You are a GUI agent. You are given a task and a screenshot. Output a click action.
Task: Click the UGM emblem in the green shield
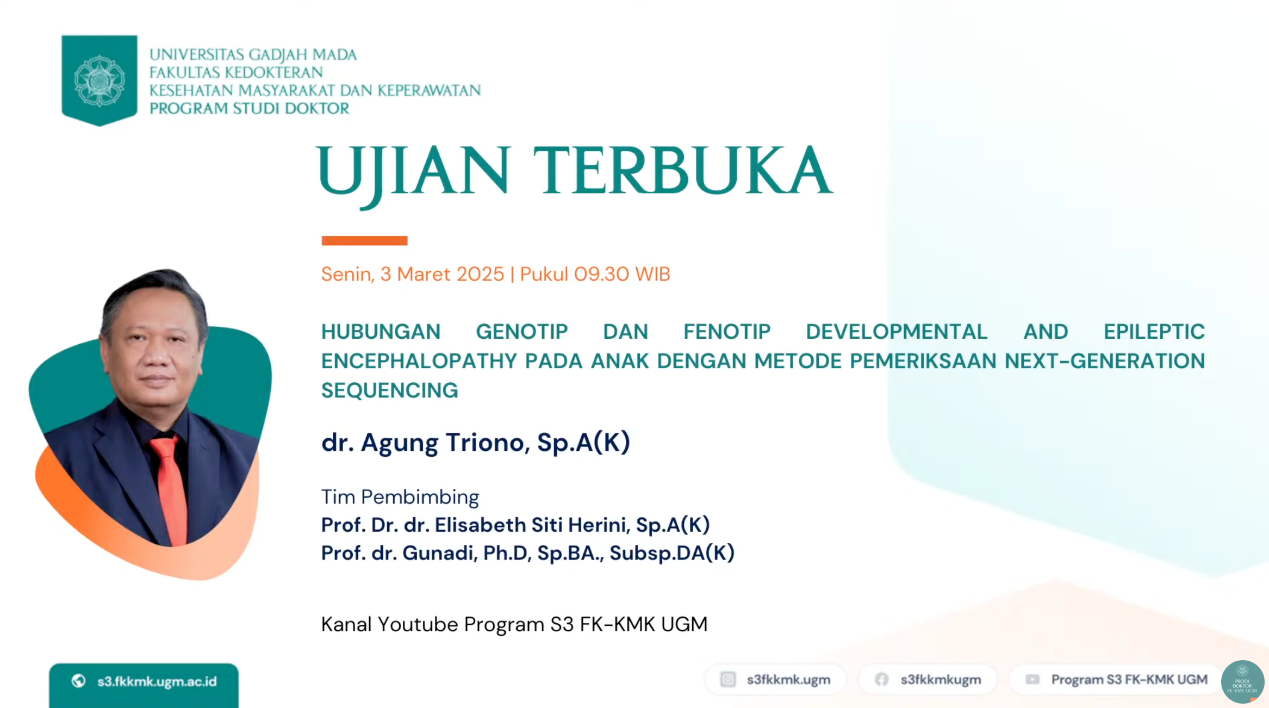pos(99,80)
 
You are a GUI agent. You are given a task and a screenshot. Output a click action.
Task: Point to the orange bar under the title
pos(364,240)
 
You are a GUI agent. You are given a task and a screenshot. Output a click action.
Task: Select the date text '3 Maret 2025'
pos(442,274)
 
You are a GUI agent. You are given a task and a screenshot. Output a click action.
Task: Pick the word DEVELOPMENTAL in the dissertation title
pos(896,331)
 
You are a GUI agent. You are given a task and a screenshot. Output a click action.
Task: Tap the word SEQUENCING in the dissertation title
pos(389,390)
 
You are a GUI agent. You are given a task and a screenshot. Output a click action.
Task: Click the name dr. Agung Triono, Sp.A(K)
pos(476,442)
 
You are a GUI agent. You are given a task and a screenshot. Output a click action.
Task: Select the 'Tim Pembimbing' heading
pos(400,497)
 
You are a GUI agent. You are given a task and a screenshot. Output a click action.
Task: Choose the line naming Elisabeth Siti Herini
pos(515,525)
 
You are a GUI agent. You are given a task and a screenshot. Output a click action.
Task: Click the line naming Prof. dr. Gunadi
pos(528,553)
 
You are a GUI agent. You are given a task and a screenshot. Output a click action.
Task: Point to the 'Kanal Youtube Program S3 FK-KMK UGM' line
pos(514,624)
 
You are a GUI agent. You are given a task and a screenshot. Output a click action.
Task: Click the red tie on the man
pos(171,489)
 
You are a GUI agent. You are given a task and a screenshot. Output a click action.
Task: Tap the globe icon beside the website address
pos(78,681)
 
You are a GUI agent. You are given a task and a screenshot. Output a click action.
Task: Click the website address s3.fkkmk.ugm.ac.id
pos(157,681)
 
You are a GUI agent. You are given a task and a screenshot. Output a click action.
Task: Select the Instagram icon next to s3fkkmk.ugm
pos(727,679)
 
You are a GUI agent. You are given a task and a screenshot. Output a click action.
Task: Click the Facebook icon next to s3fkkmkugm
pos(881,679)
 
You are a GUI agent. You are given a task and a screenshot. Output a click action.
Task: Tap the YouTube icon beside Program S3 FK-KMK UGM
pos(1032,679)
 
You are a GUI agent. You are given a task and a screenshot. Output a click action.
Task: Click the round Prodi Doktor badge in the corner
pos(1242,682)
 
